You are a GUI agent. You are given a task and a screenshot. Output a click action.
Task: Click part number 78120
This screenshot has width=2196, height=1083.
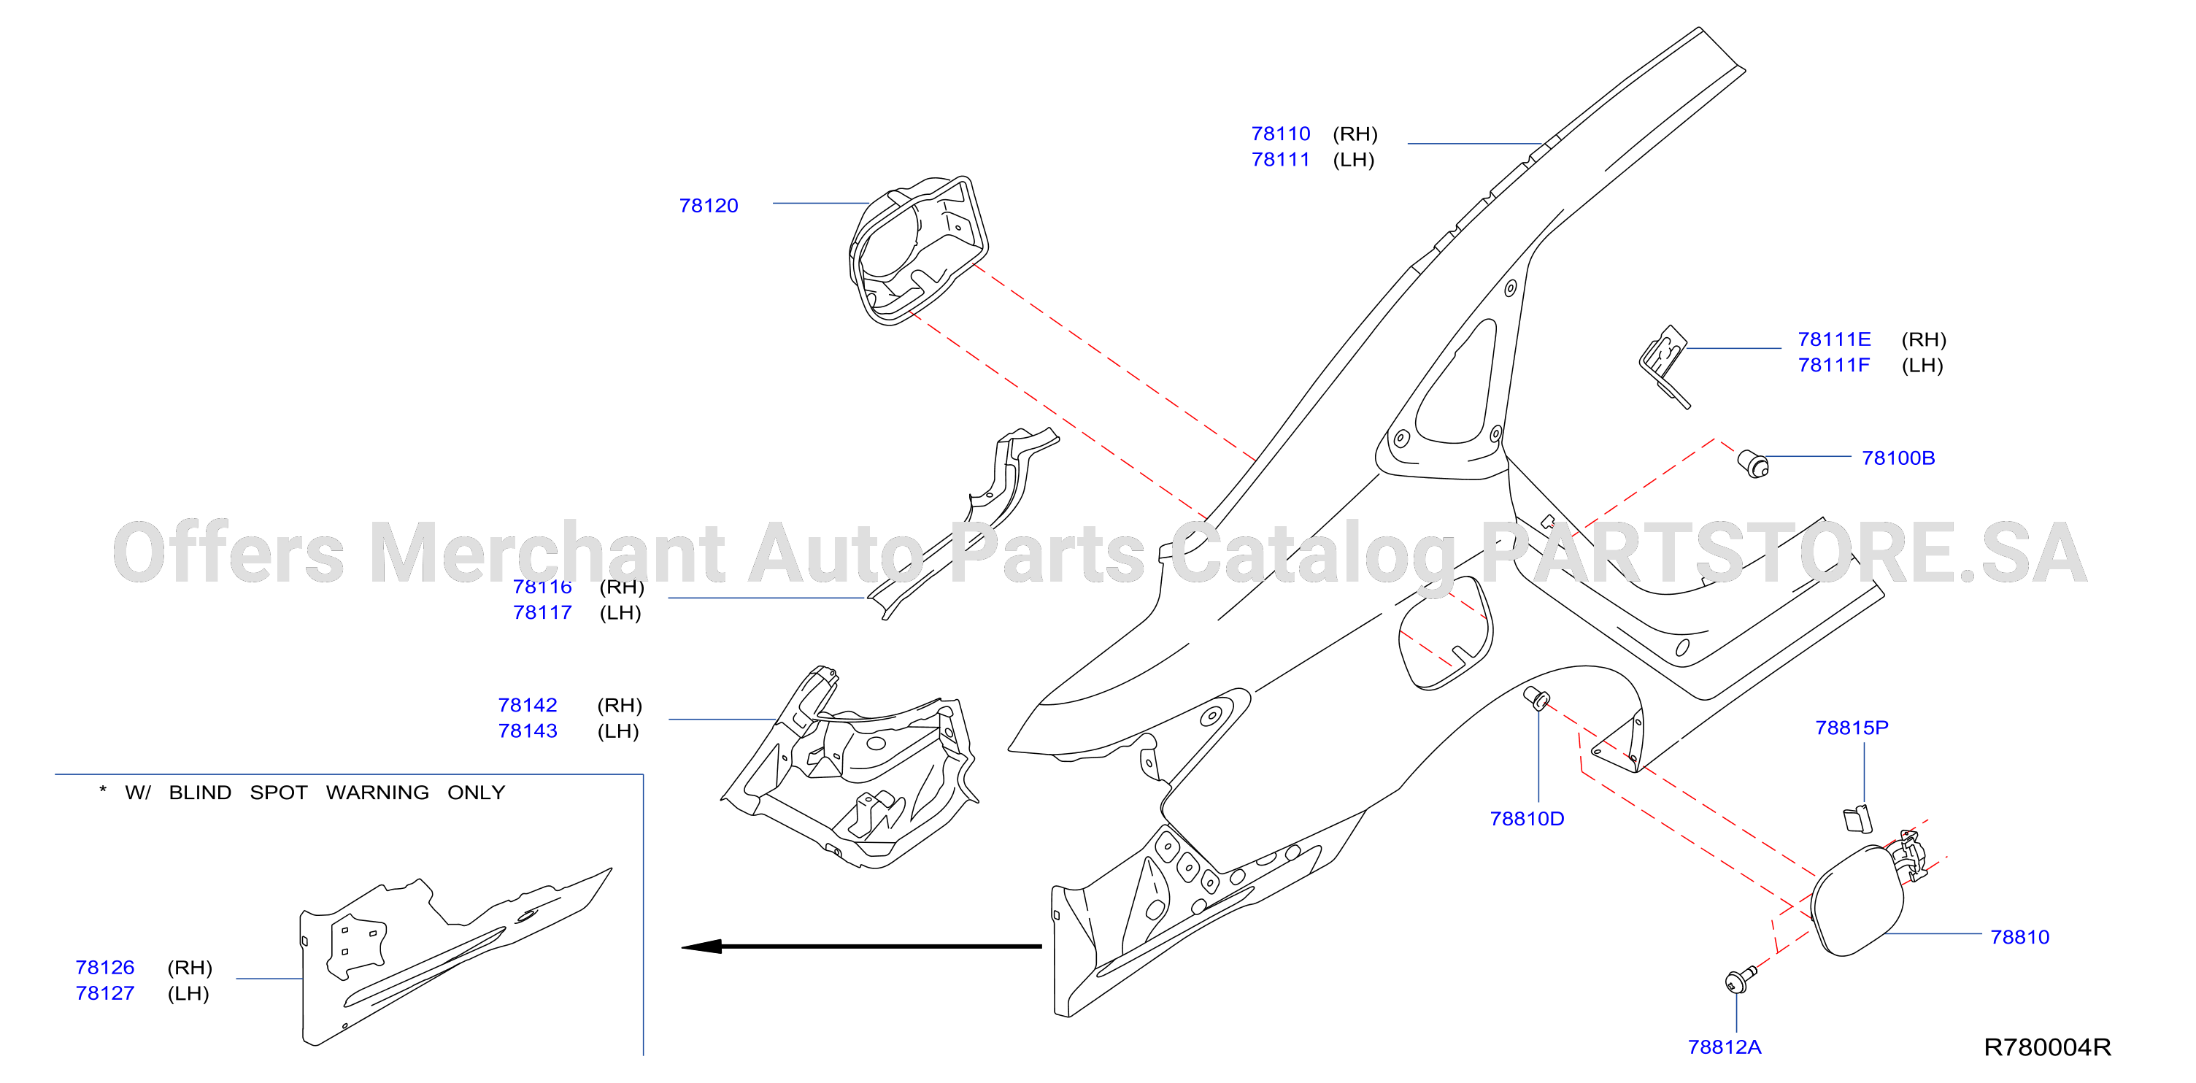coord(709,206)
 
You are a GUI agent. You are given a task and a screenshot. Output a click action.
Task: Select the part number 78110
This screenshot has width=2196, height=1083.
coord(1280,134)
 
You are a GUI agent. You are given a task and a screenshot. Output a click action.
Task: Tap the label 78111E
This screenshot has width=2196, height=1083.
coord(1835,339)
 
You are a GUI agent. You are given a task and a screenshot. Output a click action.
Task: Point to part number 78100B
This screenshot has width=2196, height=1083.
coord(1898,458)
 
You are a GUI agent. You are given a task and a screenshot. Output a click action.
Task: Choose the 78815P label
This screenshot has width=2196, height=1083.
coord(1852,728)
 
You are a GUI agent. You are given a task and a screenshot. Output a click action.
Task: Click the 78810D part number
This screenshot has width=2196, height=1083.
coord(1527,819)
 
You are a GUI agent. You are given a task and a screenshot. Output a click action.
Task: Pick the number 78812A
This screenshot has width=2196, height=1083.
coord(1725,1047)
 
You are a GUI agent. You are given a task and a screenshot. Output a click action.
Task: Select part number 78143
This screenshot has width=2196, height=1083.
coord(528,731)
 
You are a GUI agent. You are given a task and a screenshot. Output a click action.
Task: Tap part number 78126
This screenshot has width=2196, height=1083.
coord(105,967)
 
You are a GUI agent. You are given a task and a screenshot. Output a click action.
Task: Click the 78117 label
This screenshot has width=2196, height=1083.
coord(542,612)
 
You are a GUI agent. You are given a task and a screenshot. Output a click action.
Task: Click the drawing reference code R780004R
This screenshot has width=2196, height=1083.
coord(2048,1047)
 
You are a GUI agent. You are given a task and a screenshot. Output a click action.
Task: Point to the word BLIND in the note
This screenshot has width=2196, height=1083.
coord(201,793)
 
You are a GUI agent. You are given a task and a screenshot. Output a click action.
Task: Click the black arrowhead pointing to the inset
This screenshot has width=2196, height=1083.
coord(701,947)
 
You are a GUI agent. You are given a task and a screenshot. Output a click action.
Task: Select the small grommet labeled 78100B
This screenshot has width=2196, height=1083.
coord(1754,464)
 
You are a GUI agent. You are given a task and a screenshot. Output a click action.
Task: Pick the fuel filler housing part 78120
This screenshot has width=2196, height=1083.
coord(919,251)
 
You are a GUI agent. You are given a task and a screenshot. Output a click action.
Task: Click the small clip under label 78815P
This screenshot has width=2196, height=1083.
coord(1857,819)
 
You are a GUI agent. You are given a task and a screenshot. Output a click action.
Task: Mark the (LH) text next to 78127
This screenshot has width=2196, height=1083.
coord(188,993)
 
